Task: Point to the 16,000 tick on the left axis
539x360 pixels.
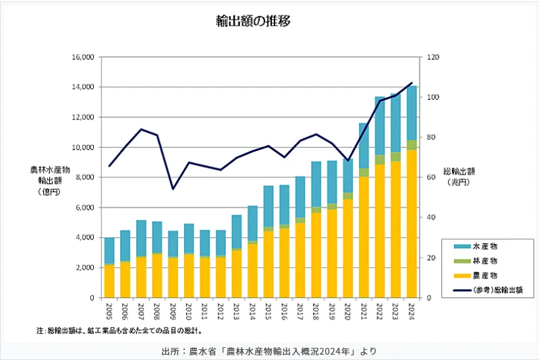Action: (x=82, y=57)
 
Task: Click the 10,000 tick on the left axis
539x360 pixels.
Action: (x=82, y=148)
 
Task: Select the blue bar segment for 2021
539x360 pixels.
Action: (x=364, y=146)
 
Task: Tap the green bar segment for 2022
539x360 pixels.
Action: (x=379, y=160)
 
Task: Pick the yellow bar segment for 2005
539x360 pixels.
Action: (x=109, y=281)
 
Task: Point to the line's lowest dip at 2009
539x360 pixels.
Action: (x=173, y=189)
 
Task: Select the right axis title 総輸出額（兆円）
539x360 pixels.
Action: (x=460, y=177)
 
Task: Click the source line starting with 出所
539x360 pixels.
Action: (x=269, y=351)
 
